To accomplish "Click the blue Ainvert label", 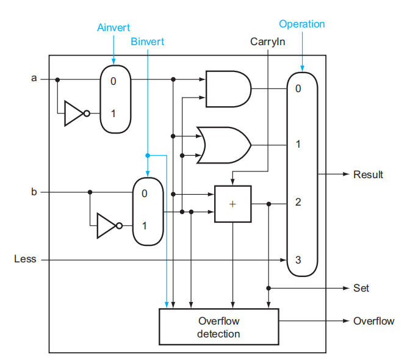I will (113, 28).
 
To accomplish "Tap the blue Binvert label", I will (148, 42).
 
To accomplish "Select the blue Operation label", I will (302, 24).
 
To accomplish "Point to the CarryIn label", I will (268, 42).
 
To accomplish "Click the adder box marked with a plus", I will (232, 204).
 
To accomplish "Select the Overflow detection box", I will (218, 327).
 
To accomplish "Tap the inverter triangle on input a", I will (74, 113).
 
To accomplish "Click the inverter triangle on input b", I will (106, 225).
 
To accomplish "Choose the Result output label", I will (368, 175).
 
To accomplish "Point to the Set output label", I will (361, 287).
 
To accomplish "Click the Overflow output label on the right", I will (373, 321).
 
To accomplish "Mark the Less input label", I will (25, 259).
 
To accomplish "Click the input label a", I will (34, 79).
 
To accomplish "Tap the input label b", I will (34, 192).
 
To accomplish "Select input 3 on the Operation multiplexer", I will (298, 259).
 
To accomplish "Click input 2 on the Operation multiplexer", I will (298, 202).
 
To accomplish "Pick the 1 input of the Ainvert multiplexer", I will (113, 113).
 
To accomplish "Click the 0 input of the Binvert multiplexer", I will (145, 194).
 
